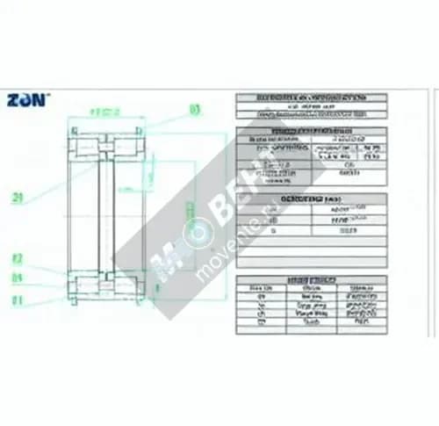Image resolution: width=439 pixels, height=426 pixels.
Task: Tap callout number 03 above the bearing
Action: (194, 110)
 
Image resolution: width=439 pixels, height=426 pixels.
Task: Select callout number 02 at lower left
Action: (17, 260)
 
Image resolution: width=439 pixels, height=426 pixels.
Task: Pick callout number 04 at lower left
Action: (17, 278)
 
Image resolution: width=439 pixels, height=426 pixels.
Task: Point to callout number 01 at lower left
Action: (17, 299)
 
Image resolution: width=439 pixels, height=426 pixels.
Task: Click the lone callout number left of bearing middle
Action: (17, 197)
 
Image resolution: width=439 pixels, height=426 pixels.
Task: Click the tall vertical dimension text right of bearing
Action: (187, 211)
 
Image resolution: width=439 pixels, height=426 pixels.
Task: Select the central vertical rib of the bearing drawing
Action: (108, 211)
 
